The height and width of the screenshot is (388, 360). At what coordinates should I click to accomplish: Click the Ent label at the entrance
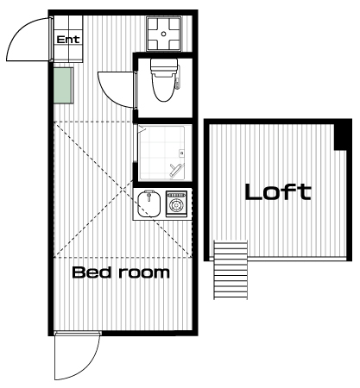point(68,40)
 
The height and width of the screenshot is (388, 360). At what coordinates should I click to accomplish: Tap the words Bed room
point(121,272)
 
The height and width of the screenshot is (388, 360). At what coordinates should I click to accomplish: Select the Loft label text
point(278,191)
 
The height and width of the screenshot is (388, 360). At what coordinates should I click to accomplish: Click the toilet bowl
point(163,88)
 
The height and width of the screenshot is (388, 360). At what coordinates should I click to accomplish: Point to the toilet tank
point(164,66)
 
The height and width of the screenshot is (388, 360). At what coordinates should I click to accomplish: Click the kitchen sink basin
point(148,203)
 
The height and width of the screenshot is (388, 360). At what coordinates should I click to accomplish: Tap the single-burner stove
point(176,203)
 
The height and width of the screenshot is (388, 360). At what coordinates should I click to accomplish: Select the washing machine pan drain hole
point(164,34)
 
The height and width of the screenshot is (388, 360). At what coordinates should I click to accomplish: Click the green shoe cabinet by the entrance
point(63,85)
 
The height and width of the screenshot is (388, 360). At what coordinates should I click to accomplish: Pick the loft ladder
point(231,270)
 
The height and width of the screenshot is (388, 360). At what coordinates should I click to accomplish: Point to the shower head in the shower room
point(176,170)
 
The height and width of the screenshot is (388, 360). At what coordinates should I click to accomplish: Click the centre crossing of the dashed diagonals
point(123,190)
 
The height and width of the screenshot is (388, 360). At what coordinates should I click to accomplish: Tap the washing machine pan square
point(164,34)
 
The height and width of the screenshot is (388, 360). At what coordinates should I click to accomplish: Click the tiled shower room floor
point(161,153)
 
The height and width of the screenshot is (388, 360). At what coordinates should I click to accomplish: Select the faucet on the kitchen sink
point(148,196)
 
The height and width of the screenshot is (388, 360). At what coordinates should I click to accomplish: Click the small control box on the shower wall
point(182,153)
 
